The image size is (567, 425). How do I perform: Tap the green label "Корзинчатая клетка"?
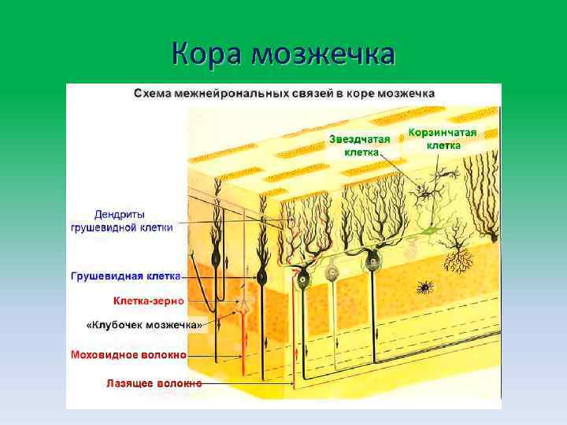pos(443,139)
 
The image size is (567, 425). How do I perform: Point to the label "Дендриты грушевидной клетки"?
pos(122,220)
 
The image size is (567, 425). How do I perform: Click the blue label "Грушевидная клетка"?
pos(125,276)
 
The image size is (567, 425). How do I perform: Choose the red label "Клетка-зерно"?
pos(148,301)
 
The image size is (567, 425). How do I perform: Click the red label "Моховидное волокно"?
pos(128,355)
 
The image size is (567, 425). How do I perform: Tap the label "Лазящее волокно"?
pos(154,384)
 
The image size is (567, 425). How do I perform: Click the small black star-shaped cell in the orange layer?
pos(424,287)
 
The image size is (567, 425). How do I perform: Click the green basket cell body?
pos(428,231)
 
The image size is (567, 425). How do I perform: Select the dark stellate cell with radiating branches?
pos(429,189)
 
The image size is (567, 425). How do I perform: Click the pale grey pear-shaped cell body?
pos(332,272)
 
